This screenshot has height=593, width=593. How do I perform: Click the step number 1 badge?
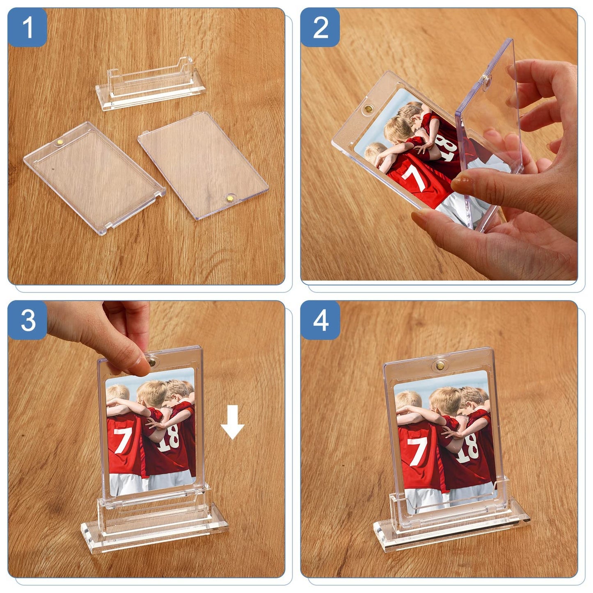(x=27, y=27)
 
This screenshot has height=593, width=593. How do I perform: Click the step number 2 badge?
(x=320, y=27)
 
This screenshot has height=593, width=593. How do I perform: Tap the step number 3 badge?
(x=27, y=321)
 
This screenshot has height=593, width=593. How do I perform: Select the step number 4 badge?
(x=320, y=321)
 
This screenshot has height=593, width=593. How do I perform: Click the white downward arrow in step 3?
(x=232, y=422)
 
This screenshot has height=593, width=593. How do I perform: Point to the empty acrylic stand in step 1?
(x=150, y=82)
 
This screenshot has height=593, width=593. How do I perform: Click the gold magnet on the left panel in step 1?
(x=60, y=142)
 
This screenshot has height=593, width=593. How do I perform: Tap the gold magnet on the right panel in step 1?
(x=230, y=198)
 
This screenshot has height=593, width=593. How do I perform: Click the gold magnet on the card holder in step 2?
(x=369, y=108)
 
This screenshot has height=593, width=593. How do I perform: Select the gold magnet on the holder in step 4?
(x=440, y=366)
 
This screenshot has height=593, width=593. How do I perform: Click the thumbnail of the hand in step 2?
(x=461, y=184)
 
